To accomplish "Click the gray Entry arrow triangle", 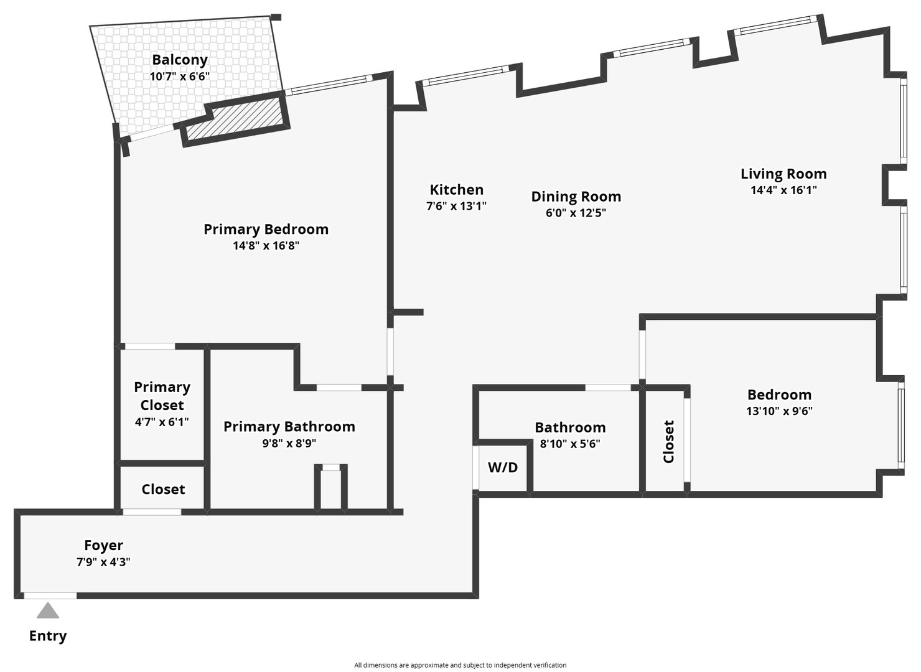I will pyautogui.click(x=48, y=611).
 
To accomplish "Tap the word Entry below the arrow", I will pyautogui.click(x=48, y=636).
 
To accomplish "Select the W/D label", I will pyautogui.click(x=503, y=467).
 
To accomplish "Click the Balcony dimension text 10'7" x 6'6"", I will pyautogui.click(x=180, y=77).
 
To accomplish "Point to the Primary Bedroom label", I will pyautogui.click(x=266, y=229).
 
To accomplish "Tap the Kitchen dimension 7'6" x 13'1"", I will pyautogui.click(x=456, y=206).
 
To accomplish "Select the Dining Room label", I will pyautogui.click(x=576, y=197).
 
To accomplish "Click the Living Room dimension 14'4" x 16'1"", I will pyautogui.click(x=783, y=190).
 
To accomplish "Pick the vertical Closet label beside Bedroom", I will pyautogui.click(x=669, y=442).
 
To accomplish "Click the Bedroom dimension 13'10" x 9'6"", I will pyautogui.click(x=779, y=411).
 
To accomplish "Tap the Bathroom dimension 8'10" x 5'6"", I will pyautogui.click(x=570, y=444).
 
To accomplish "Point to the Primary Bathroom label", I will pyautogui.click(x=289, y=427).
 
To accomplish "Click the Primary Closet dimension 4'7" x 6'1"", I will pyautogui.click(x=162, y=422).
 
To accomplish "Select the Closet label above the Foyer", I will pyautogui.click(x=163, y=490).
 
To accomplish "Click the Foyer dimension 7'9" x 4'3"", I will pyautogui.click(x=103, y=562).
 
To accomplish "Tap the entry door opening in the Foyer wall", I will pyautogui.click(x=50, y=595).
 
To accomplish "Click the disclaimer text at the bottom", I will pyautogui.click(x=460, y=665).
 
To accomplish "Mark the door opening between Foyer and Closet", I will pyautogui.click(x=152, y=512).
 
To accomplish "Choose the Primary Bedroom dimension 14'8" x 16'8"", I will pyautogui.click(x=266, y=246).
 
